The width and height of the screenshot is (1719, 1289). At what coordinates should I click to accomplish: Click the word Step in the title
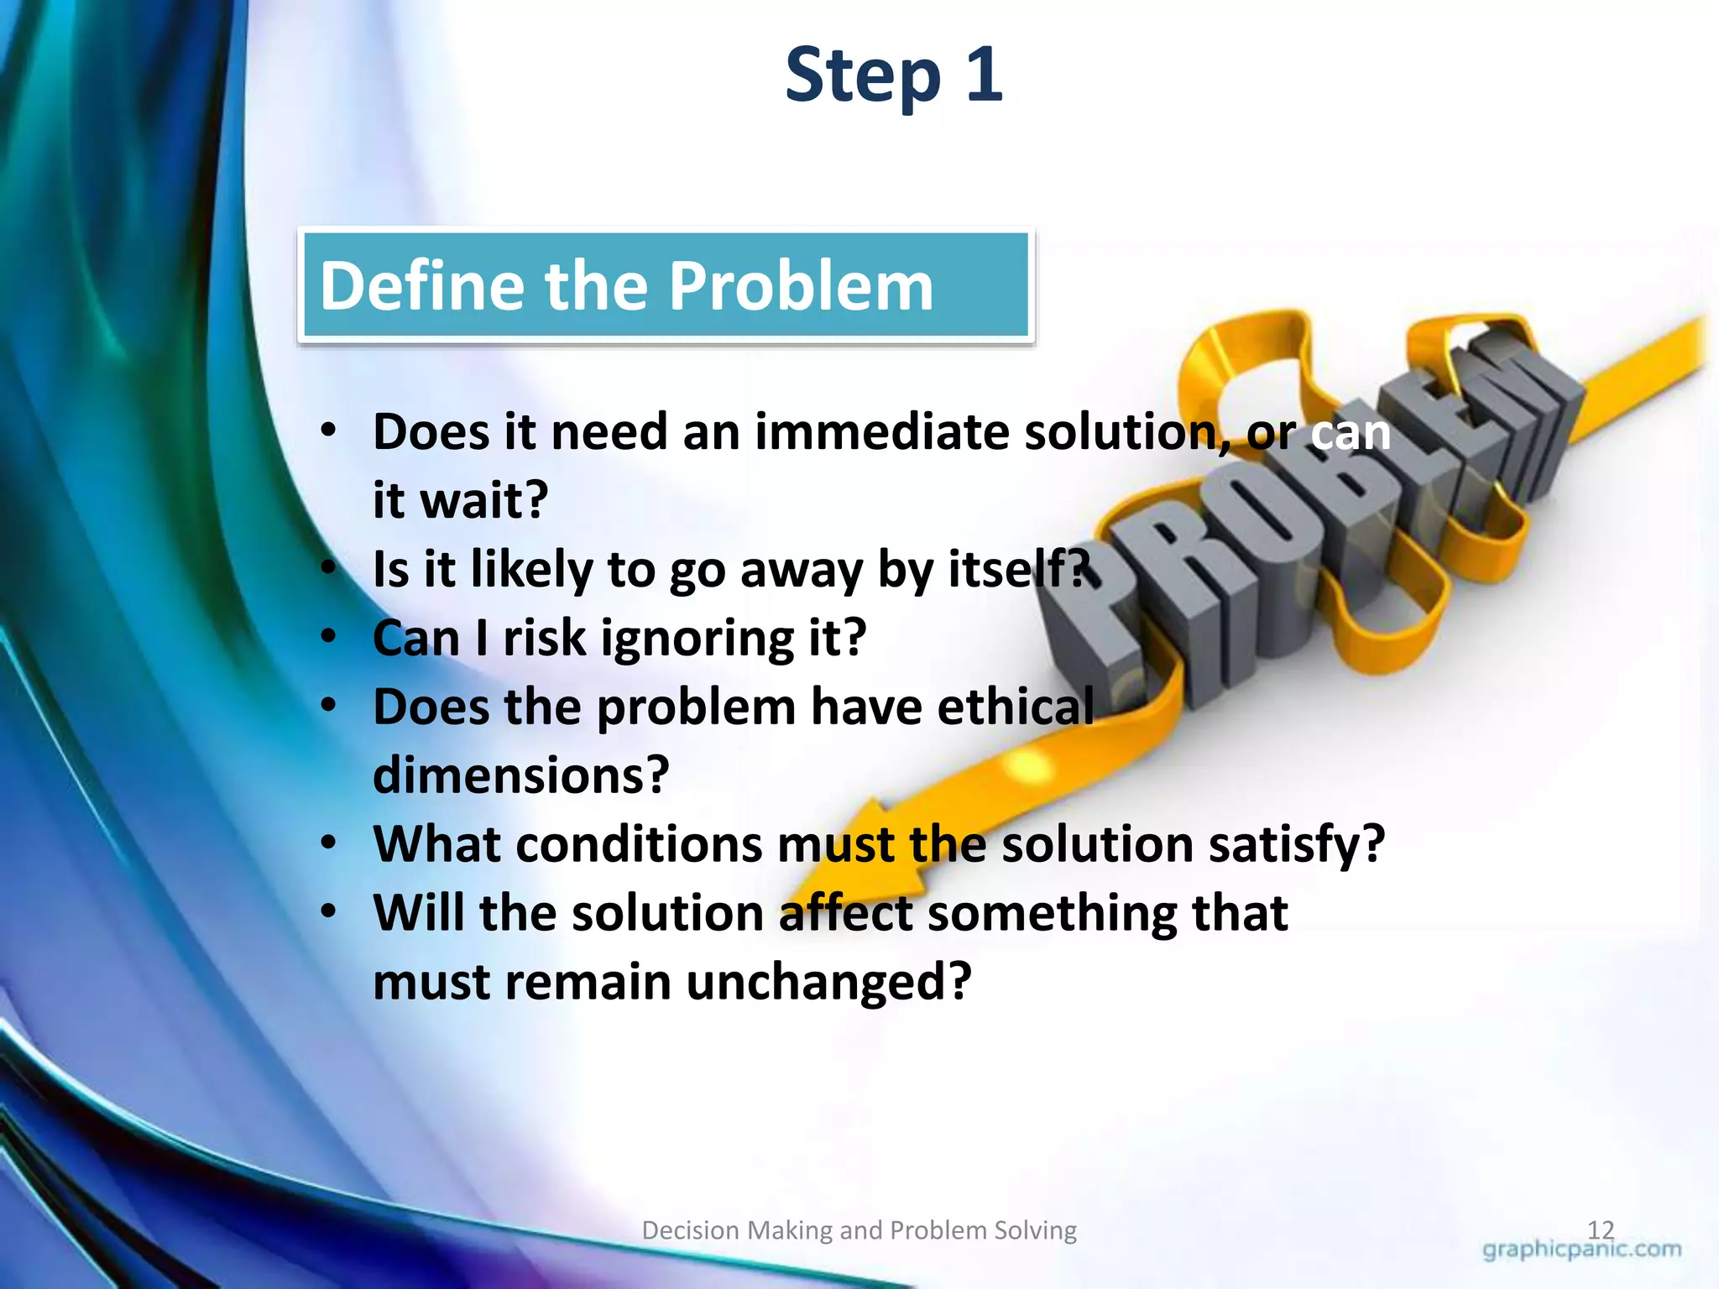click(863, 77)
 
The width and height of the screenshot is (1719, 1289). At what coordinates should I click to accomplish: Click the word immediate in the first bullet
click(881, 432)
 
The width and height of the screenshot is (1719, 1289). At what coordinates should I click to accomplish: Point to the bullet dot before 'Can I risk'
click(328, 635)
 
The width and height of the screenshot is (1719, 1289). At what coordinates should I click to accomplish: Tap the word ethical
click(1016, 707)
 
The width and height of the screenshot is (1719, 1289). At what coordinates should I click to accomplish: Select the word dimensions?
click(520, 775)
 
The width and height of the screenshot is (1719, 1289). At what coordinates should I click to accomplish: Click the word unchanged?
click(828, 981)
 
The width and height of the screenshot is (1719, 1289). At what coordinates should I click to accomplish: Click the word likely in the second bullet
click(530, 570)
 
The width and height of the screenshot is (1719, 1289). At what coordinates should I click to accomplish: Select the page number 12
click(1601, 1229)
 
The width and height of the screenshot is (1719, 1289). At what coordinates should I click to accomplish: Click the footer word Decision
click(690, 1230)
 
